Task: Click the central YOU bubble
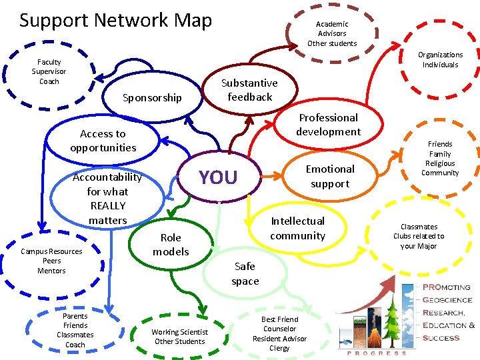[x=218, y=177]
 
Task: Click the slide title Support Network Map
[x=115, y=21]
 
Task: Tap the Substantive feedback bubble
[x=249, y=90]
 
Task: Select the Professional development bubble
[x=328, y=125]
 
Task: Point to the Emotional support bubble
[x=330, y=176]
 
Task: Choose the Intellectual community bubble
[x=297, y=228]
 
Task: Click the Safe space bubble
[x=245, y=273]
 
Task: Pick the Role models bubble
[x=171, y=245]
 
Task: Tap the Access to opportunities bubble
[x=103, y=141]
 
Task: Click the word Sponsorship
[x=152, y=98]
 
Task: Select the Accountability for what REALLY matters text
[x=107, y=199]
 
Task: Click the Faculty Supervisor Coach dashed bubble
[x=49, y=72]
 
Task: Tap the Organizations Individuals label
[x=440, y=60]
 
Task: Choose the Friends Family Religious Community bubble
[x=440, y=159]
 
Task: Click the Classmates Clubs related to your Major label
[x=419, y=236]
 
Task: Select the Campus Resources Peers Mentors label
[x=51, y=261]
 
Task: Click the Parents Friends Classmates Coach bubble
[x=75, y=330]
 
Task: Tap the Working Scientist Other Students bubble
[x=180, y=337]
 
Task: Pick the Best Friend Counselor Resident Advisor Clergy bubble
[x=279, y=333]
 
